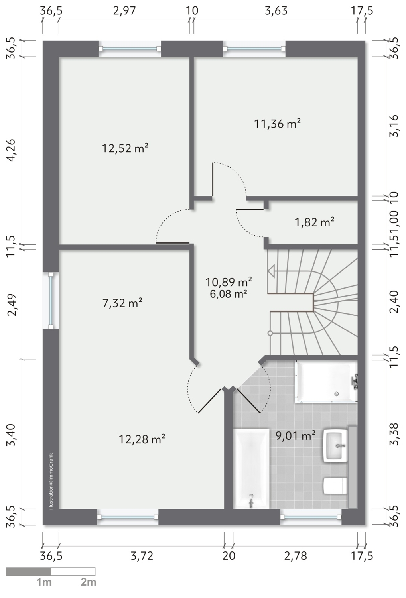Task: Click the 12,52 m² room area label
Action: click(125, 148)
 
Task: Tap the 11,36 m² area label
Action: click(277, 124)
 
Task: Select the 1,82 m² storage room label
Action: click(314, 222)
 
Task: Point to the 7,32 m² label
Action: click(122, 303)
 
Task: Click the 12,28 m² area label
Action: click(142, 439)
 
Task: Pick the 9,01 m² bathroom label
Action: click(296, 436)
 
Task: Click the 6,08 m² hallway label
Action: click(229, 294)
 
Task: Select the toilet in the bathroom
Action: click(335, 486)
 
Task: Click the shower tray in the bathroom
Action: click(326, 382)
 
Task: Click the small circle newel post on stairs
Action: click(270, 333)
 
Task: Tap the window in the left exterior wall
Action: click(51, 301)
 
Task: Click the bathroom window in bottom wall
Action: click(311, 517)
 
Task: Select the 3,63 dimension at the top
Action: click(276, 11)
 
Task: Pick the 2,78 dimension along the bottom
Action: click(296, 556)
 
